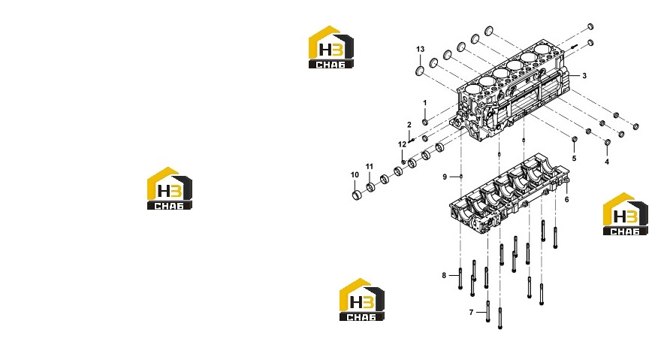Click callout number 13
tap(421, 49)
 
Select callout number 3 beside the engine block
tap(584, 76)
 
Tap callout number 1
tap(424, 103)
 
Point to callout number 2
tap(409, 125)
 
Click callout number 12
tap(402, 144)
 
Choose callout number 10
tap(355, 175)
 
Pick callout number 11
tap(370, 166)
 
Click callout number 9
tap(445, 177)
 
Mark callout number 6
tap(566, 200)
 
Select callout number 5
tap(574, 158)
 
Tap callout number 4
tap(607, 162)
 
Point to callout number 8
tap(444, 275)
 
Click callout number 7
tap(471, 313)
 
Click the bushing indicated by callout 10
tap(357, 196)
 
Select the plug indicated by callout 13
tap(420, 71)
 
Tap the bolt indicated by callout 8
tap(460, 279)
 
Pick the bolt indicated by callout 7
tap(488, 311)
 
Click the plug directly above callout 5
tap(575, 139)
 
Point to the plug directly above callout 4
tap(607, 142)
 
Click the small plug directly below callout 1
tap(424, 123)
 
